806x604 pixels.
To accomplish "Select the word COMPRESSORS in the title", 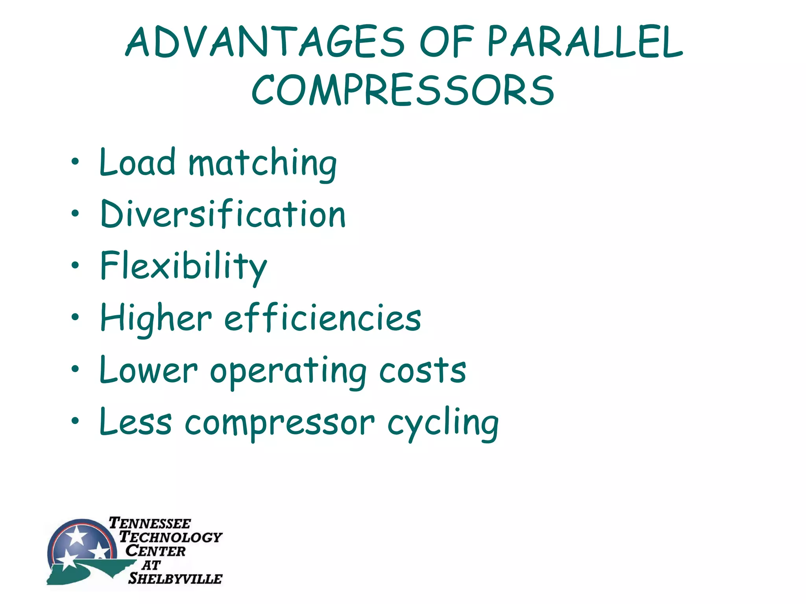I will [403, 90].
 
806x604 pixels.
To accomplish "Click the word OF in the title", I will [446, 42].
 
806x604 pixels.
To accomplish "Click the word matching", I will [263, 164].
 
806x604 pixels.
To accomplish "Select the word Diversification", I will [223, 214].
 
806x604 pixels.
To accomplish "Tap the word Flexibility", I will [183, 266].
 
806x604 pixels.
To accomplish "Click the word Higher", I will [156, 319].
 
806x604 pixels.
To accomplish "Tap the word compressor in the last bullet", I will [279, 424].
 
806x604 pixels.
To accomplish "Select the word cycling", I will [443, 424].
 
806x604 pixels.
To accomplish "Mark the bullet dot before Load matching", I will [75, 161].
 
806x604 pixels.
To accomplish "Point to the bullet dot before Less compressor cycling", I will [75, 421].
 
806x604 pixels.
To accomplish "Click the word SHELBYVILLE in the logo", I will [175, 578].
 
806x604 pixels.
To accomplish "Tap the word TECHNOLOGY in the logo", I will [171, 537].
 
